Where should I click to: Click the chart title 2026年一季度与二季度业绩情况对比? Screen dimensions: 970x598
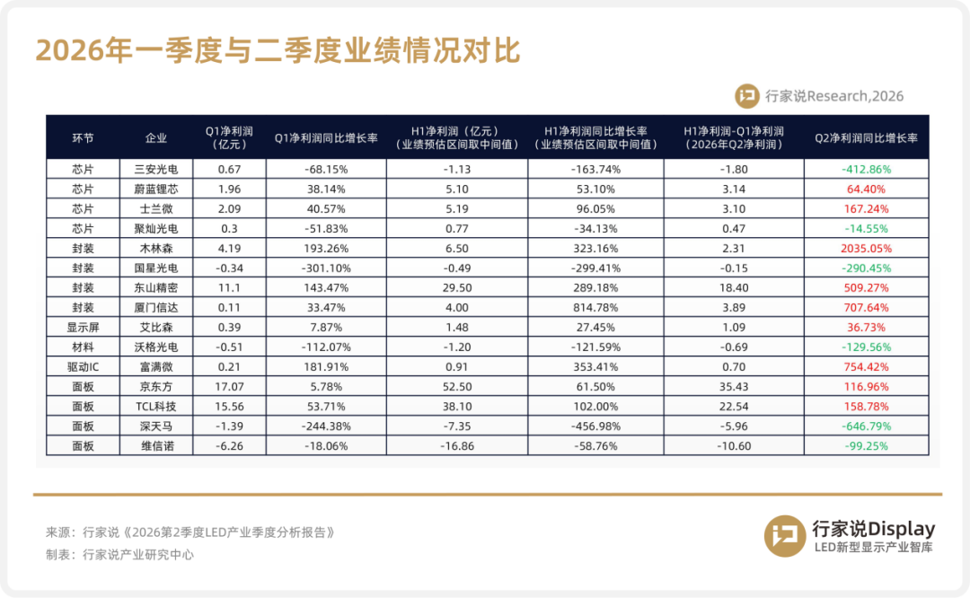[x=278, y=50]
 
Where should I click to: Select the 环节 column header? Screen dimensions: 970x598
[x=83, y=138]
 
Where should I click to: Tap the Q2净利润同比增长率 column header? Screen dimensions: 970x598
[x=866, y=138]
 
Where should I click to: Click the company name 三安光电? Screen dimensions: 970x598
[x=156, y=169]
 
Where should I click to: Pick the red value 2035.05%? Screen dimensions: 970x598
[x=866, y=248]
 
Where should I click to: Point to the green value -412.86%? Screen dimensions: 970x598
[x=866, y=169]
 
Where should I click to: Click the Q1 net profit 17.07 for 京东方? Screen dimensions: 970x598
[x=229, y=386]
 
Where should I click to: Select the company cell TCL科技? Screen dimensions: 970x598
[x=156, y=406]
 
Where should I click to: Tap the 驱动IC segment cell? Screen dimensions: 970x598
[x=83, y=366]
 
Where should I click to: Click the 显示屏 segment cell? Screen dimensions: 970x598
[x=83, y=327]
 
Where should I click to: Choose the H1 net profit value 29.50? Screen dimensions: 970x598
[x=457, y=287]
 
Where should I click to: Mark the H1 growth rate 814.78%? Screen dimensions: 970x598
[x=595, y=307]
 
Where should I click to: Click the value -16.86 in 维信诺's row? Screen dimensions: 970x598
[x=457, y=446]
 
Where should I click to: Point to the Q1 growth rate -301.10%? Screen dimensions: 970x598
[x=326, y=268]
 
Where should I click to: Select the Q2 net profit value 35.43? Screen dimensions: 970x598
[x=734, y=386]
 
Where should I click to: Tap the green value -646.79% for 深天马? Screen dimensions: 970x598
[x=866, y=427]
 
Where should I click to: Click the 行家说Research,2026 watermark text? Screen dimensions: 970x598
[x=833, y=96]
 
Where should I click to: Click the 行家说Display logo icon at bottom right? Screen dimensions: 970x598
[x=785, y=535]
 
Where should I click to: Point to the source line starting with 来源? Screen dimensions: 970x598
[x=190, y=532]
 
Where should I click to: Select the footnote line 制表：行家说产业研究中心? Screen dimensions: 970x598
[x=119, y=555]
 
